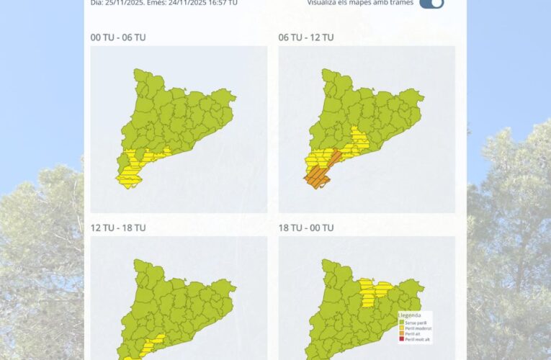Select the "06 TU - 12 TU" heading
tap(306, 37)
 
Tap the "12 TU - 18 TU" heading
tap(118, 228)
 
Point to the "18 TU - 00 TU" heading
tap(306, 228)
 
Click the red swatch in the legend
tap(401, 339)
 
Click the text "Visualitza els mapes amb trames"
tap(361, 3)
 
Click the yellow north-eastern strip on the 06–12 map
tap(358, 140)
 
